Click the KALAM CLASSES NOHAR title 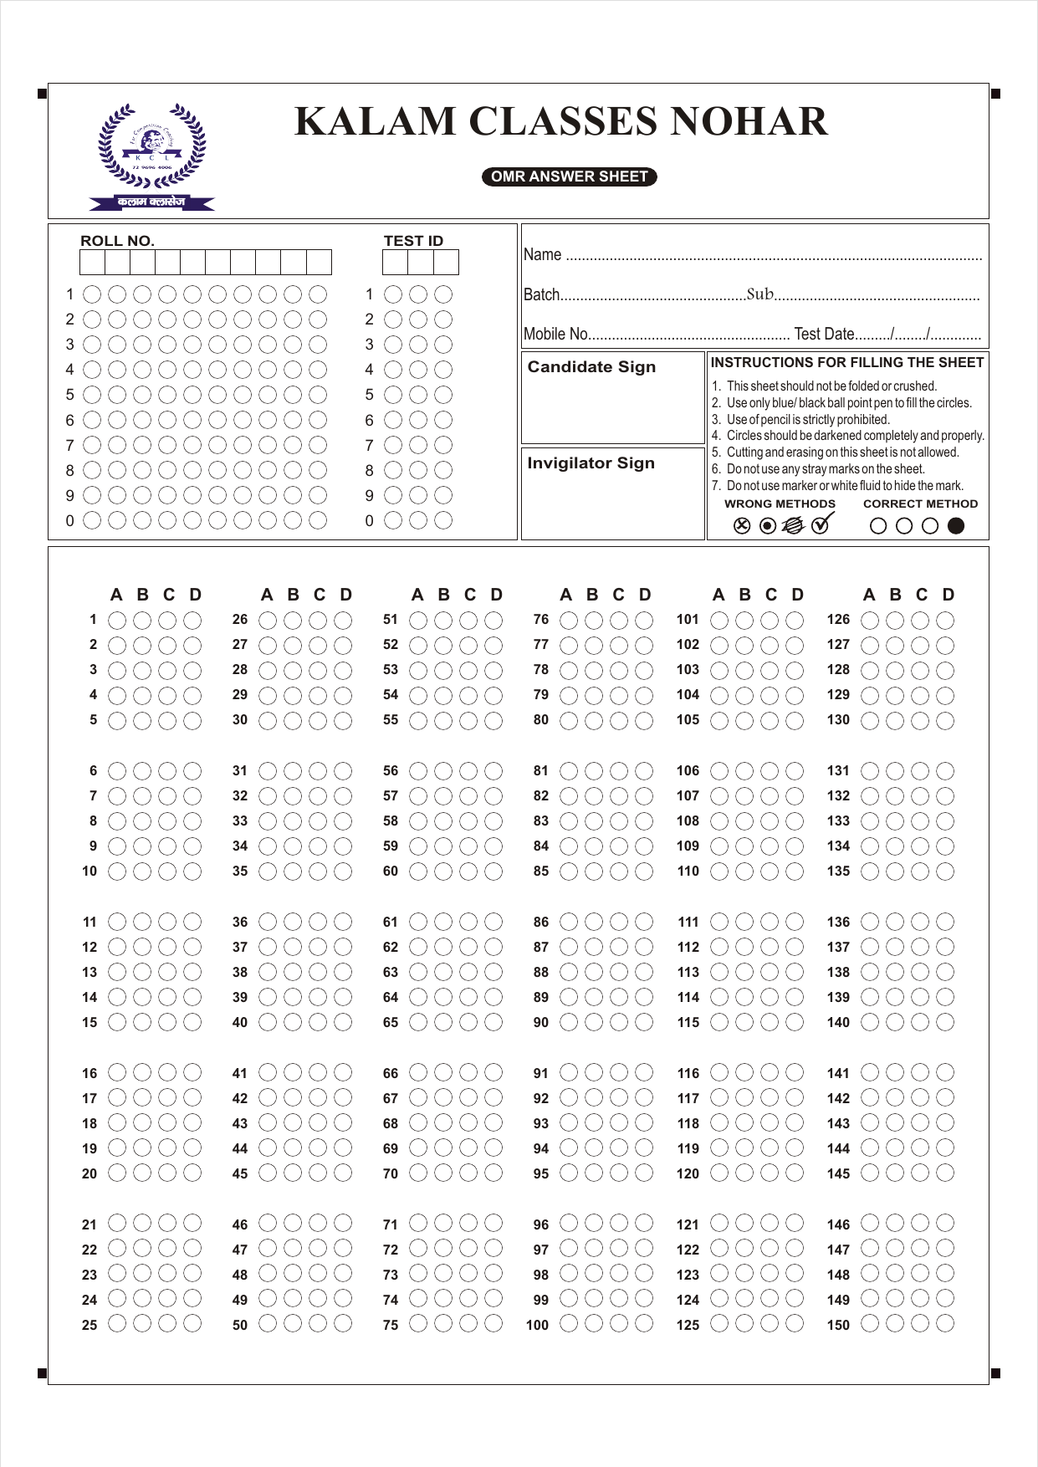[561, 122]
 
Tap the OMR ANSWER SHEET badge [569, 176]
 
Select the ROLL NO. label [117, 241]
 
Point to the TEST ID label [413, 241]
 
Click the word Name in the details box [542, 254]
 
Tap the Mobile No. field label [555, 334]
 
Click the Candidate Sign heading [591, 366]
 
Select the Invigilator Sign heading [591, 463]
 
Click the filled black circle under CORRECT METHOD [956, 525]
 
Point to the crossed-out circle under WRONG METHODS [741, 525]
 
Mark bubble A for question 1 [117, 620]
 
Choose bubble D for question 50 [343, 1324]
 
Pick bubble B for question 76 [594, 620]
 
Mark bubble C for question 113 [770, 972]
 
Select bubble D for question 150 [945, 1324]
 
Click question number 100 [537, 1325]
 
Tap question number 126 [838, 620]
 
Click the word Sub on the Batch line [759, 294]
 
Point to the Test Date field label [824, 334]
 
